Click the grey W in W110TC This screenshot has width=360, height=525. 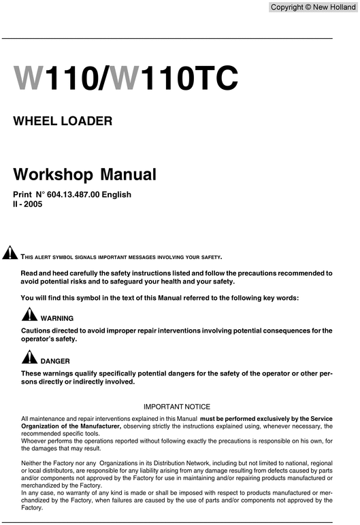[x=131, y=78]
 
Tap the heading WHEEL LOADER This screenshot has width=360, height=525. [x=63, y=122]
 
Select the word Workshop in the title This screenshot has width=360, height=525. [x=54, y=173]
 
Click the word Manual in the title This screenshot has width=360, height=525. [x=129, y=173]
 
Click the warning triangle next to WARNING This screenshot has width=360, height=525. [x=29, y=315]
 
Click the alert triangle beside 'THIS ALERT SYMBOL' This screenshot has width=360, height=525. [x=10, y=255]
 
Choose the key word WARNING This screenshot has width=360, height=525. [x=57, y=318]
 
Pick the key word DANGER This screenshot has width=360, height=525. [x=55, y=360]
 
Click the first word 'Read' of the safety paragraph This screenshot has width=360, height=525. [x=31, y=273]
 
